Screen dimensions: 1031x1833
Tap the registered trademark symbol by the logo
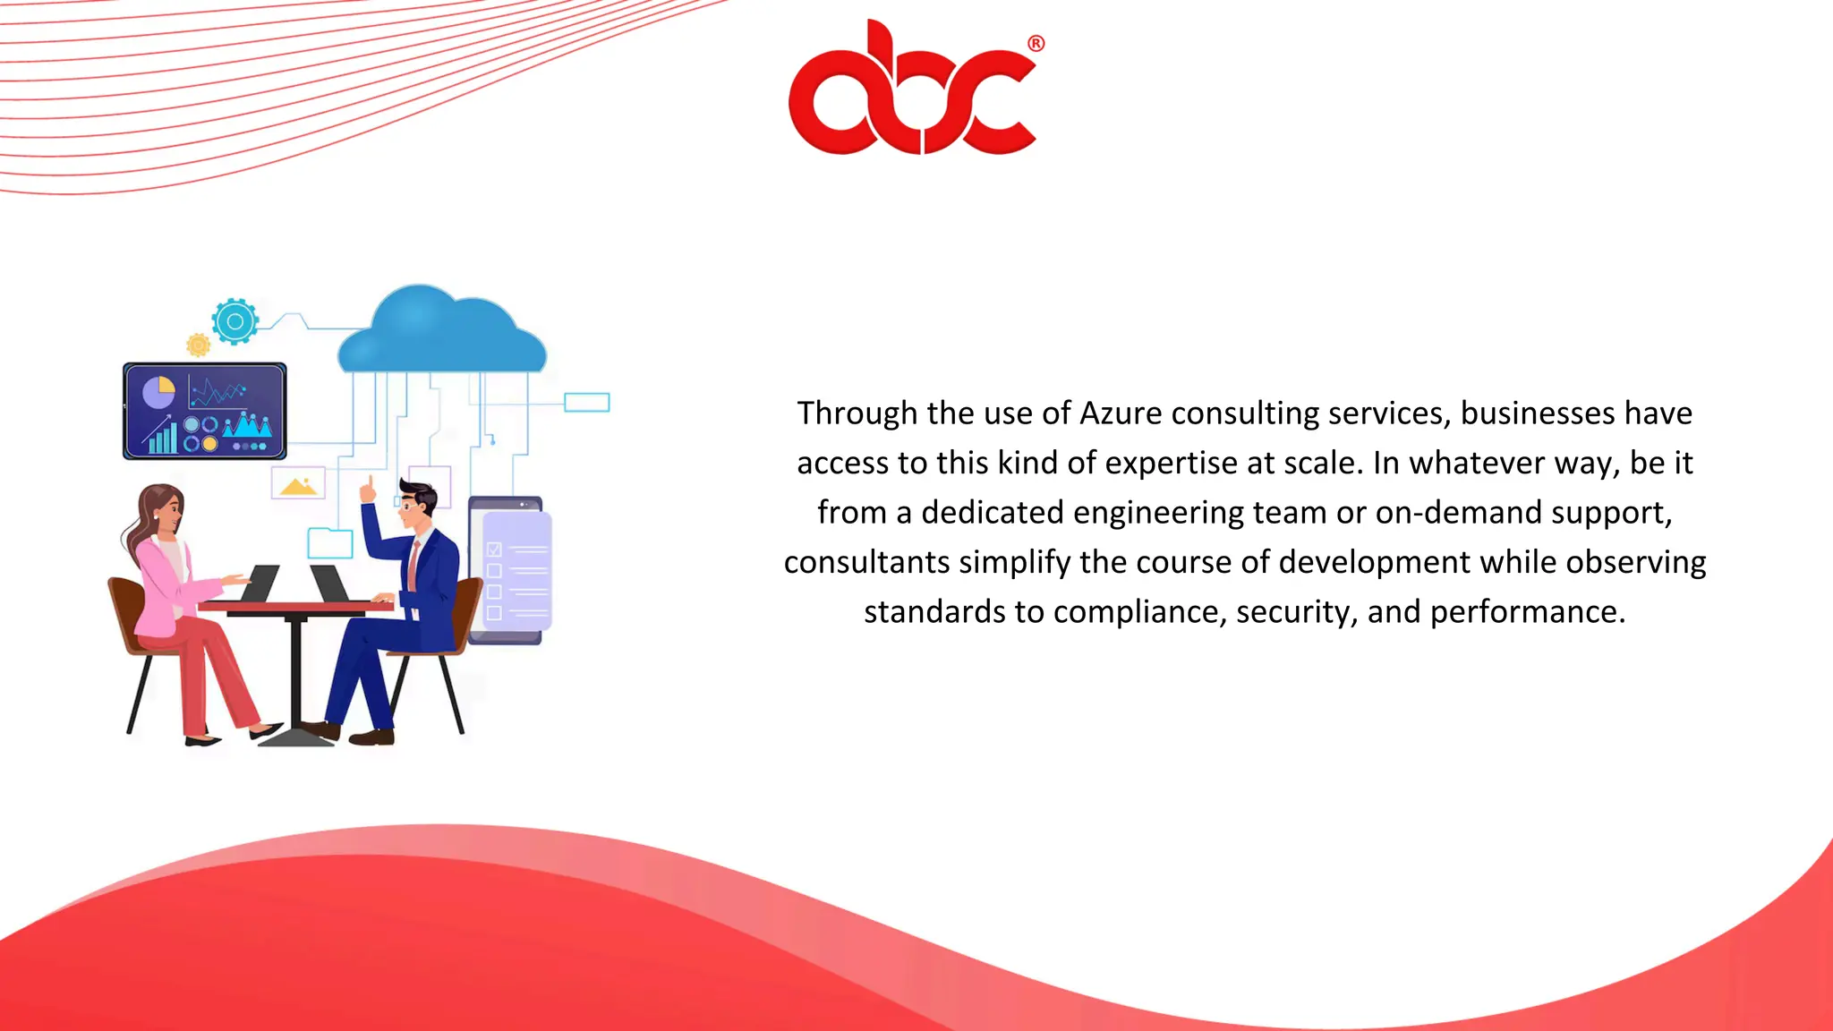coord(1036,43)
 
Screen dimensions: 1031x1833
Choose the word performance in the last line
coord(1527,612)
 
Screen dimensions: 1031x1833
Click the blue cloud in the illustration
coord(441,331)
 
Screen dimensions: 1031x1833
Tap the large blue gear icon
coord(235,321)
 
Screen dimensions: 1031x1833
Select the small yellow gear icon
coord(198,345)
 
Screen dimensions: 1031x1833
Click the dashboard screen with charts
coord(205,411)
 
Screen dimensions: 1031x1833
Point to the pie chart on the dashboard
coord(159,392)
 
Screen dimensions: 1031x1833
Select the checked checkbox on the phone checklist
coord(494,550)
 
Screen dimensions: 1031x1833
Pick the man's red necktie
coord(413,564)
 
